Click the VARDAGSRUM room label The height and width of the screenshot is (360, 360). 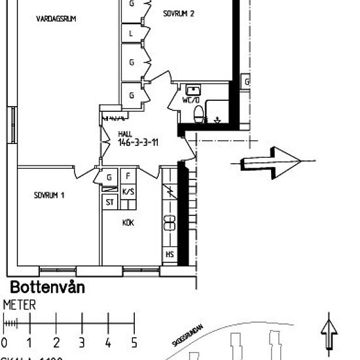(56, 20)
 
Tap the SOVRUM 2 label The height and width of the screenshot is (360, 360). (179, 13)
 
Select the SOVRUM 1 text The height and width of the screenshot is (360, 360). (50, 195)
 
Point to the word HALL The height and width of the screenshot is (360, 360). (125, 134)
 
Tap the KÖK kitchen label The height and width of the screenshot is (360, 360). (128, 223)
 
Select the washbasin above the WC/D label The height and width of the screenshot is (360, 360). (192, 90)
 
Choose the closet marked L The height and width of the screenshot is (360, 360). (132, 33)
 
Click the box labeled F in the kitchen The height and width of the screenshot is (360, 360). (128, 177)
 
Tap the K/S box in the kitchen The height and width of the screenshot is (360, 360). (128, 191)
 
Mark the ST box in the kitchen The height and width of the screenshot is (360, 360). (109, 202)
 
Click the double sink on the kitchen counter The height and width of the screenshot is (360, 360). (169, 223)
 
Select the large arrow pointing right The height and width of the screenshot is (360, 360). (270, 162)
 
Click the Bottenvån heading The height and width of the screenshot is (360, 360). (47, 287)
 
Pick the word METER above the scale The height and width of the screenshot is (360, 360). (20, 305)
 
